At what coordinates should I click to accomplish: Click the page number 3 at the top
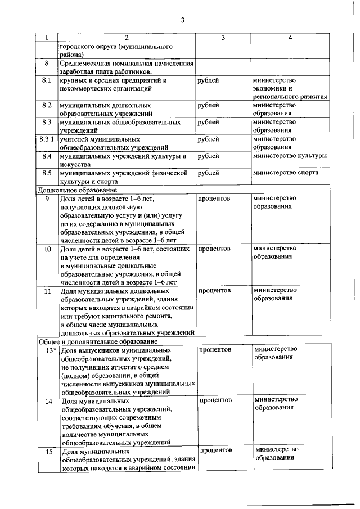182,20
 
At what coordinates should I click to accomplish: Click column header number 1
47,38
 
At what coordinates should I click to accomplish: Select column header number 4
290,38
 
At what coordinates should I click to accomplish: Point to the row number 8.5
47,173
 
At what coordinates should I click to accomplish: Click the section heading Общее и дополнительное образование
97,341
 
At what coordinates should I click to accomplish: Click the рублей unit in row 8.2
209,105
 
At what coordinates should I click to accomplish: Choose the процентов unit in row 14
215,400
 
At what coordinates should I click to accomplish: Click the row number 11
47,291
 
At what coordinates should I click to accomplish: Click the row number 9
47,199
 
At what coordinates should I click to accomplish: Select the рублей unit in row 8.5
209,173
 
